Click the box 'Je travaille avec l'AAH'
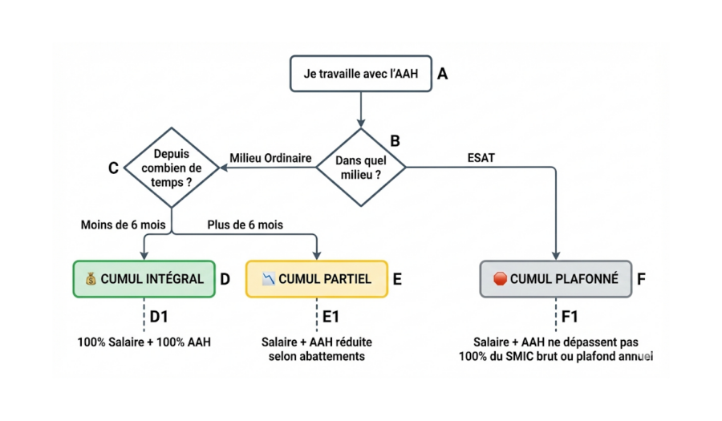click(x=360, y=73)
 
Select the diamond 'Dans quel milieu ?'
click(x=361, y=167)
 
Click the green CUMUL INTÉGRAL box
click(x=144, y=279)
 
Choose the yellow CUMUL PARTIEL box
click(x=316, y=279)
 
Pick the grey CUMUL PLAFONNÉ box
click(x=555, y=279)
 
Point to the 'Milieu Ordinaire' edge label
click(x=270, y=158)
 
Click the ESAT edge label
click(x=481, y=158)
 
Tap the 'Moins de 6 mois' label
click(x=124, y=225)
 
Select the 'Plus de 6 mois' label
click(x=245, y=225)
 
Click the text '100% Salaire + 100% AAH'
click(x=144, y=342)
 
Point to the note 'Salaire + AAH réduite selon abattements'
click(x=316, y=349)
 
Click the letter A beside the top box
click(x=442, y=74)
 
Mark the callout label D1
click(x=159, y=317)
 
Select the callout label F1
click(x=570, y=317)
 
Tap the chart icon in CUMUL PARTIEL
click(x=269, y=279)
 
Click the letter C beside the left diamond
click(x=113, y=168)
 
